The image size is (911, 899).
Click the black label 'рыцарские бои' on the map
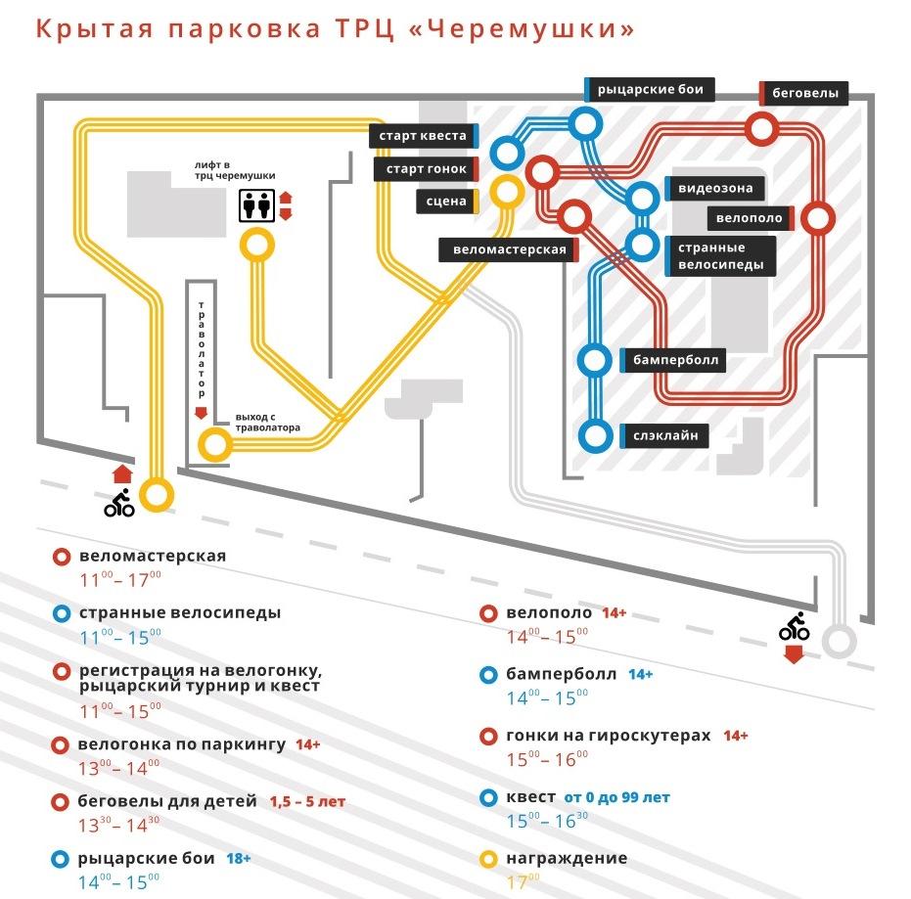pos(649,90)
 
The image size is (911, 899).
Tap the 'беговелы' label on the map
pos(804,94)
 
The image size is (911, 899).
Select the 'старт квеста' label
pos(424,136)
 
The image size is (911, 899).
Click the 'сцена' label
pos(445,202)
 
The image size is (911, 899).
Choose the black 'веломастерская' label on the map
pos(509,249)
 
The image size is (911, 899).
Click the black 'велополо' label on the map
pos(750,217)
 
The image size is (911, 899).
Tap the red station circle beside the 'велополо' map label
pos(817,218)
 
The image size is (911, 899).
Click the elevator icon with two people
pos(257,206)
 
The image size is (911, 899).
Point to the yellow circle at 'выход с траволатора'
pos(215,445)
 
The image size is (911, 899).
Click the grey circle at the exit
pos(839,643)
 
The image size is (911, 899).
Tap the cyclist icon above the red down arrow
pos(794,627)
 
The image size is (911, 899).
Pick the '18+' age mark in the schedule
pos(239,858)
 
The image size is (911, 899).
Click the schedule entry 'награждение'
pos(567,858)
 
